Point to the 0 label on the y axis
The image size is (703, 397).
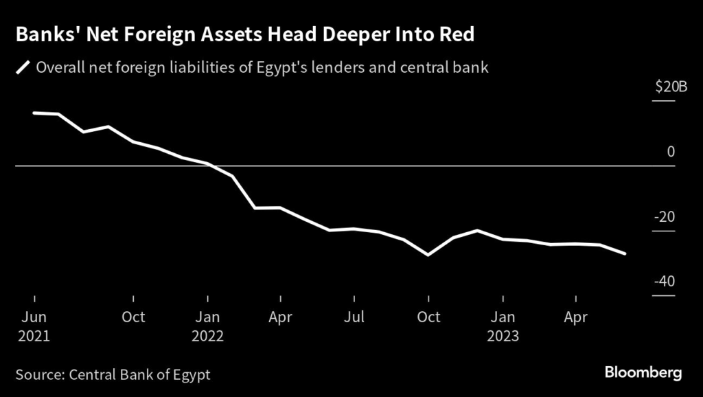[671, 152]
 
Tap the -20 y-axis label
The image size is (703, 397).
[666, 217]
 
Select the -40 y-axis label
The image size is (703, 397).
[666, 282]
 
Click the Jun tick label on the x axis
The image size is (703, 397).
[34, 317]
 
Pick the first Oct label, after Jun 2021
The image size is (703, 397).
[133, 317]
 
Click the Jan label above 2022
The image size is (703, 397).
[207, 317]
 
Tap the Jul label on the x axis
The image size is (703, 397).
[354, 317]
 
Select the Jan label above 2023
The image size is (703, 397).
[503, 317]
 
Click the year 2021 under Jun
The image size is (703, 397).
[34, 337]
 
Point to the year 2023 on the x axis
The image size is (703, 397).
[503, 337]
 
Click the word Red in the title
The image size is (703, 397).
[456, 35]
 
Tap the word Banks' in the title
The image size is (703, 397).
[44, 35]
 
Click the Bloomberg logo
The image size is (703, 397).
[643, 373]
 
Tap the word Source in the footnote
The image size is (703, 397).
[38, 375]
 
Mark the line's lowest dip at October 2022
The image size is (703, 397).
[428, 255]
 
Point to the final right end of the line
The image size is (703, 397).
[625, 253]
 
